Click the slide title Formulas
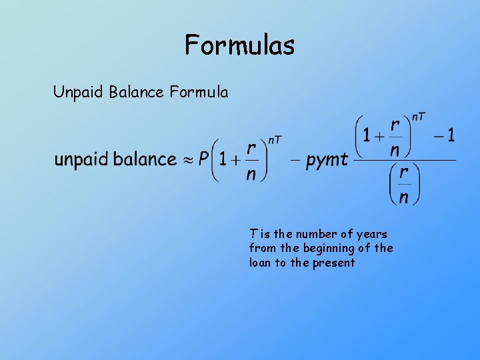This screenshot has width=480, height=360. click(239, 45)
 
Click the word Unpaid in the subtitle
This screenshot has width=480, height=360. click(75, 92)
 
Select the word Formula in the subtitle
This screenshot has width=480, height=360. click(199, 92)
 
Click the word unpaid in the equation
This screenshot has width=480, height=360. click(81, 160)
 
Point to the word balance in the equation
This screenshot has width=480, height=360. click(145, 159)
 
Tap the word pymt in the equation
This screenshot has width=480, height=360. click(327, 161)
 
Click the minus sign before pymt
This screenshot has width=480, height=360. click(295, 160)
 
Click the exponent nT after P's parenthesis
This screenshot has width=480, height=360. click(275, 139)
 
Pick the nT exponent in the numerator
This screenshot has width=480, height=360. click(419, 117)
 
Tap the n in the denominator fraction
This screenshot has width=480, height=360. click(403, 197)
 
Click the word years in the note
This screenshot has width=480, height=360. click(372, 234)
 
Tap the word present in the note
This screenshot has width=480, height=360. click(333, 263)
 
